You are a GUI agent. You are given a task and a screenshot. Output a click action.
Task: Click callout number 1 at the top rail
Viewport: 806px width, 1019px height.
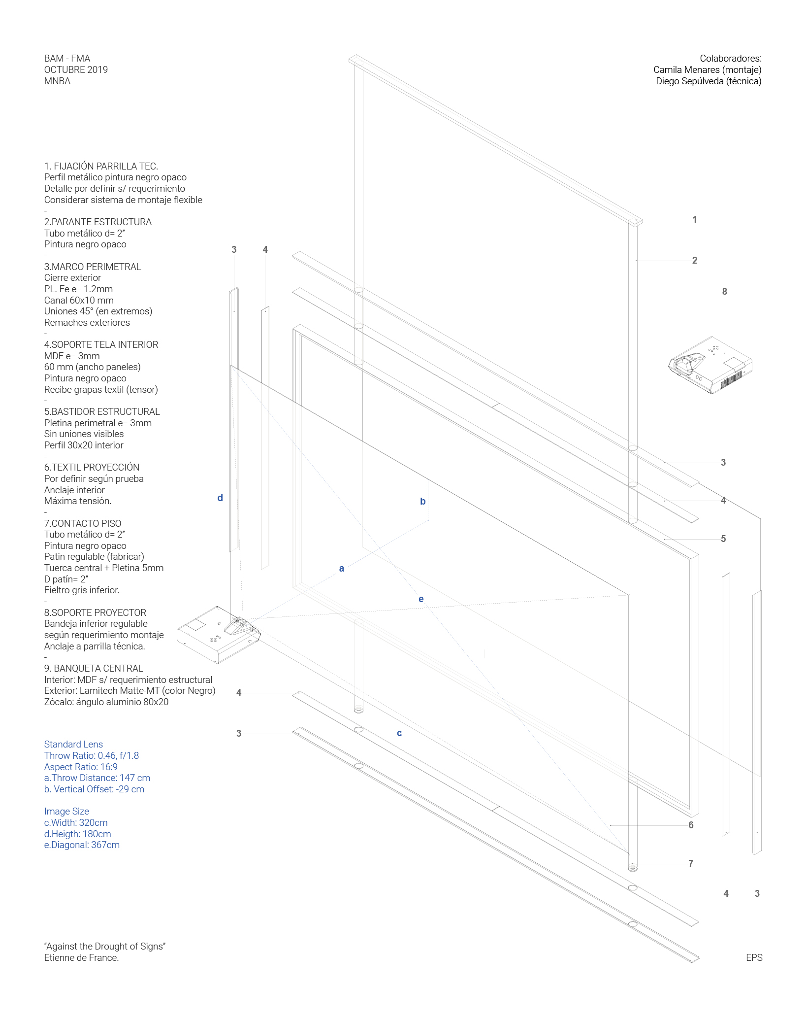(694, 220)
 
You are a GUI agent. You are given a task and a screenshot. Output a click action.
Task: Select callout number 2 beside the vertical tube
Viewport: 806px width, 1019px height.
(694, 261)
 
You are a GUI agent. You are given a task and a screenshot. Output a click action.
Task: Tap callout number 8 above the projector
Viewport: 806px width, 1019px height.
(724, 292)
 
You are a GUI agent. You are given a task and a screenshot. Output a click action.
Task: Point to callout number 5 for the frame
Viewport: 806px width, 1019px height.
(723, 539)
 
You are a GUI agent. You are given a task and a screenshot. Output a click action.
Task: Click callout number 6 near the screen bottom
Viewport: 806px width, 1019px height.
(691, 825)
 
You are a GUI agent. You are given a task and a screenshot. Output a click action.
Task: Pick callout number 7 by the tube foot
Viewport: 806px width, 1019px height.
(691, 864)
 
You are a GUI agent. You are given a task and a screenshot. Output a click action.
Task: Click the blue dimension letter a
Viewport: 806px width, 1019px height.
(342, 569)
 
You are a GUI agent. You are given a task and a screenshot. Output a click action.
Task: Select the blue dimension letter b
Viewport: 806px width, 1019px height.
(422, 502)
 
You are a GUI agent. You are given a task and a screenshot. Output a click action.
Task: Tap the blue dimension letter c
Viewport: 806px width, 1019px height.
(399, 733)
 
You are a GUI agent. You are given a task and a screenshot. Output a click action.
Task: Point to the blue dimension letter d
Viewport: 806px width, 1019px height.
(220, 498)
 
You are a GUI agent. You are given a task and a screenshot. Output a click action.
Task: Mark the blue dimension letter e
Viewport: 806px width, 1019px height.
(421, 599)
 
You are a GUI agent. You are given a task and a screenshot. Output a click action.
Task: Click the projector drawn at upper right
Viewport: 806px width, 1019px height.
(710, 365)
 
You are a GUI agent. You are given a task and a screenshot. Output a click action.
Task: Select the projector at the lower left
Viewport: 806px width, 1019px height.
(219, 635)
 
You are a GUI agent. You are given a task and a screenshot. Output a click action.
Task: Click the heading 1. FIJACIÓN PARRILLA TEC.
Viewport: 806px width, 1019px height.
(101, 167)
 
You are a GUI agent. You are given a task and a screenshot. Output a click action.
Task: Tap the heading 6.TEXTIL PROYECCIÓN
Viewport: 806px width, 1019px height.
(92, 468)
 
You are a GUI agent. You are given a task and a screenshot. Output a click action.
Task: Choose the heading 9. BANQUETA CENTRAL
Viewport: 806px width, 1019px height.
(94, 669)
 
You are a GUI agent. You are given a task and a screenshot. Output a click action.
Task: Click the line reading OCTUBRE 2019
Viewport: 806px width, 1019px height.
(76, 70)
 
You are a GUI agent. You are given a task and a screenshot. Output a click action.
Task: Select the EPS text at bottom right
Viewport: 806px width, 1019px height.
(754, 957)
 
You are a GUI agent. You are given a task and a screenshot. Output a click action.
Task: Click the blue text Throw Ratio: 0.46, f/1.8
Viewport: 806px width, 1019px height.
(92, 756)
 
